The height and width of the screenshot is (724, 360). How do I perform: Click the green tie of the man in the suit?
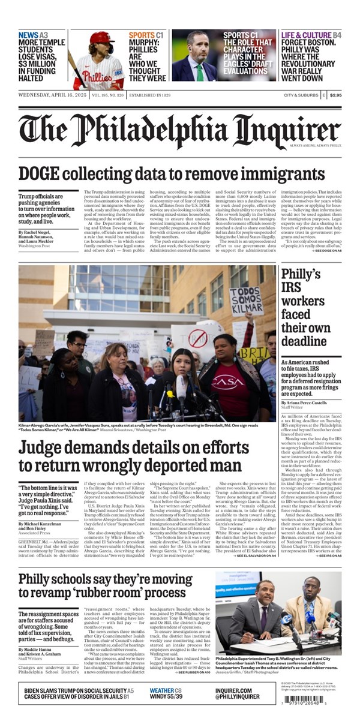pyautogui.click(x=200, y=72)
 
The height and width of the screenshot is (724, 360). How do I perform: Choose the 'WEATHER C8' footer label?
pyautogui.click(x=166, y=690)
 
